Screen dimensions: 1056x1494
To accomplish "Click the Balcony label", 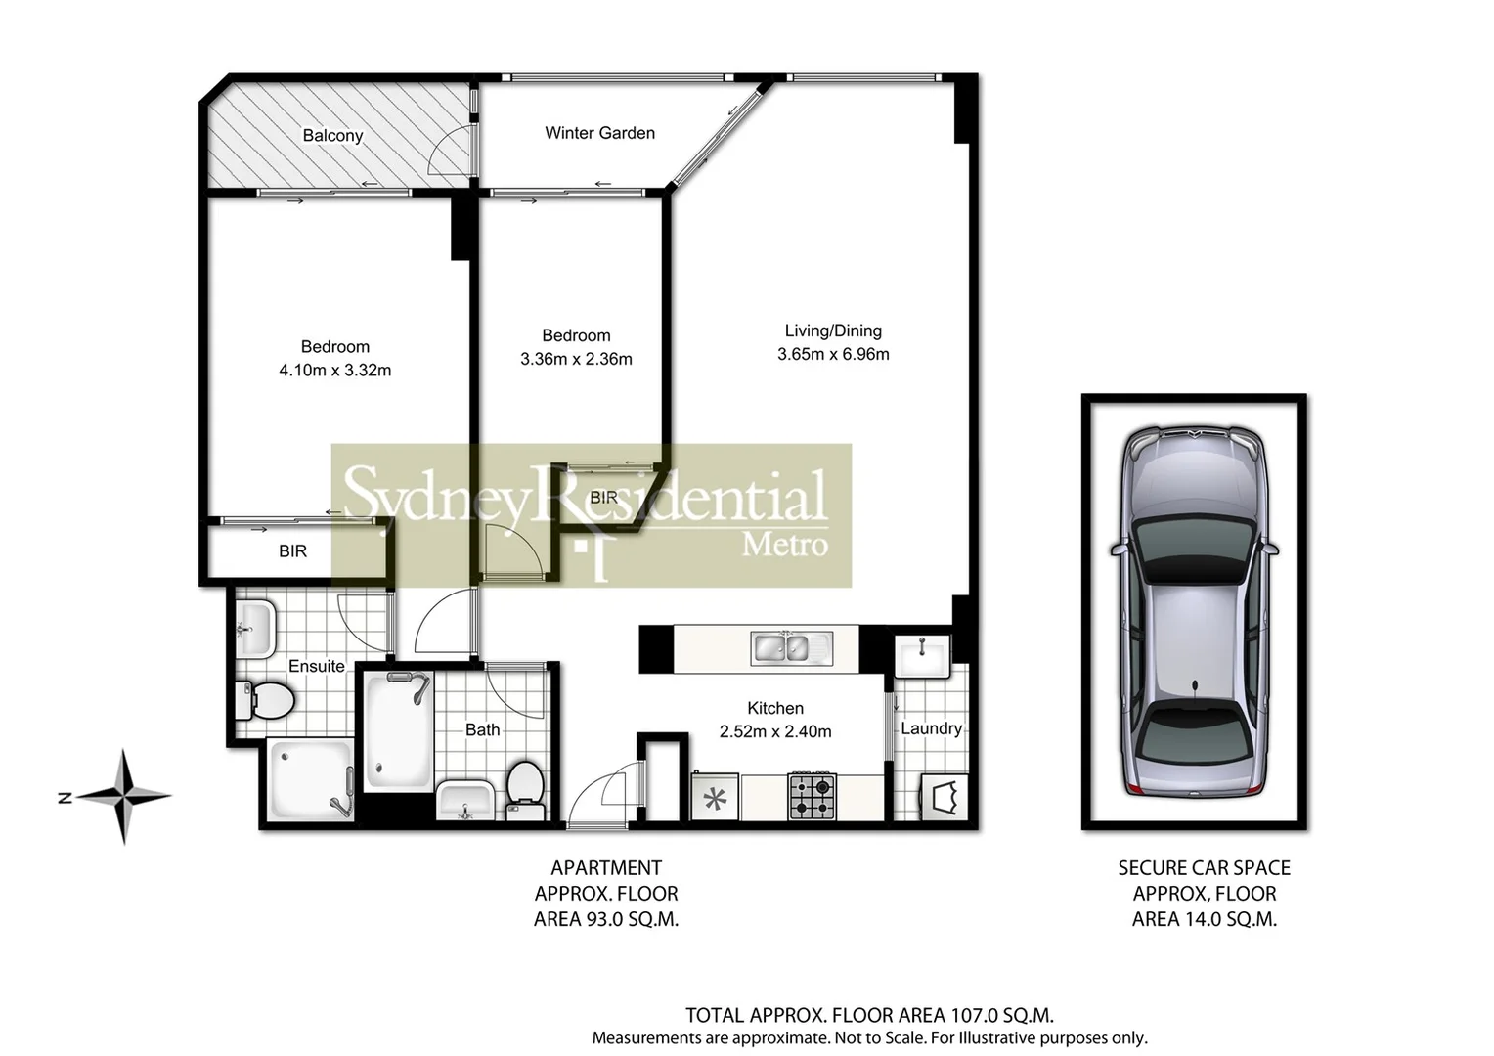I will click(332, 136).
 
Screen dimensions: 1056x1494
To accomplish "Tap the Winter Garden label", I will click(599, 133).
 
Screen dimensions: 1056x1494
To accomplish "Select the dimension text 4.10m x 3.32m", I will click(334, 371).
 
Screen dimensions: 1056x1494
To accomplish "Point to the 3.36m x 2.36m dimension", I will click(576, 359).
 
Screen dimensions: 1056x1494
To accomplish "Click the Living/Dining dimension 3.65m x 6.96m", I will click(833, 355).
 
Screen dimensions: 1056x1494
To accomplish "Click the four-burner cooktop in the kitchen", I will click(813, 796).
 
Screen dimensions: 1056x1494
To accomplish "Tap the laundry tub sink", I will click(921, 655).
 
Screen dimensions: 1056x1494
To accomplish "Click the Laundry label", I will click(931, 728).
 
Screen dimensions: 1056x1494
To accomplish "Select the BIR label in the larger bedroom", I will click(292, 551).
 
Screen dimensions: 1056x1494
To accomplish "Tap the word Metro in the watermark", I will click(784, 544).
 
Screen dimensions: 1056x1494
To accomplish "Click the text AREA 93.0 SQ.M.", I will click(605, 919).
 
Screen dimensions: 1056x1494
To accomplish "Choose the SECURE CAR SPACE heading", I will click(1204, 867).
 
